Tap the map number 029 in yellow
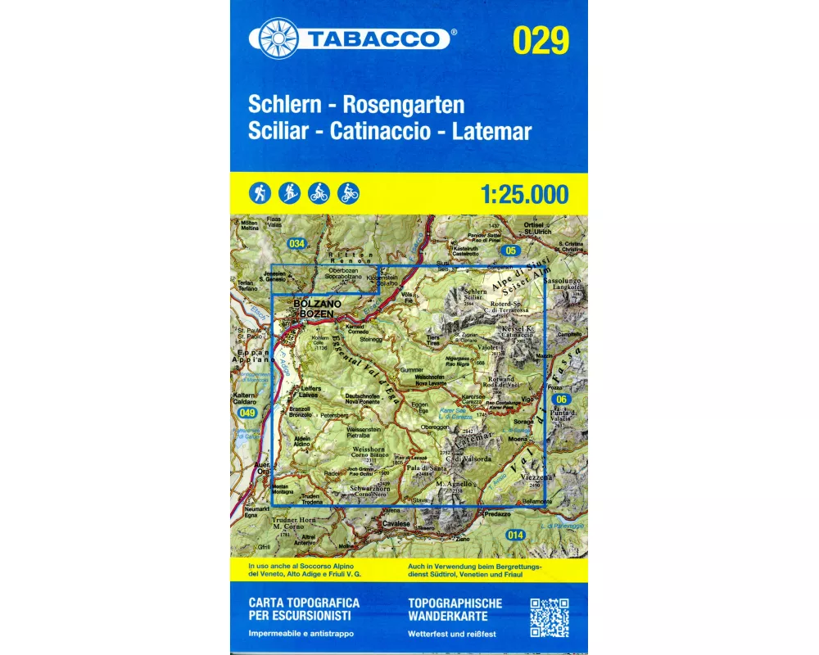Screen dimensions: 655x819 [x=540, y=40]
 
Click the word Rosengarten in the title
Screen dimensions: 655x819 [x=404, y=105]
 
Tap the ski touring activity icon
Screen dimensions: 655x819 [x=289, y=193]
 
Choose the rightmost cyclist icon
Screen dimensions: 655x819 [x=348, y=193]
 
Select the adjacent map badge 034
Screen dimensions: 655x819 [x=296, y=243]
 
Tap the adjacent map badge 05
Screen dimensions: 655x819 [x=512, y=250]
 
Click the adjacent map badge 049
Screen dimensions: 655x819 [x=247, y=414]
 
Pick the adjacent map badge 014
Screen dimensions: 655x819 [x=514, y=535]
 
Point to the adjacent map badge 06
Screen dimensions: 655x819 [x=561, y=399]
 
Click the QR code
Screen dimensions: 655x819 [x=549, y=618]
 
